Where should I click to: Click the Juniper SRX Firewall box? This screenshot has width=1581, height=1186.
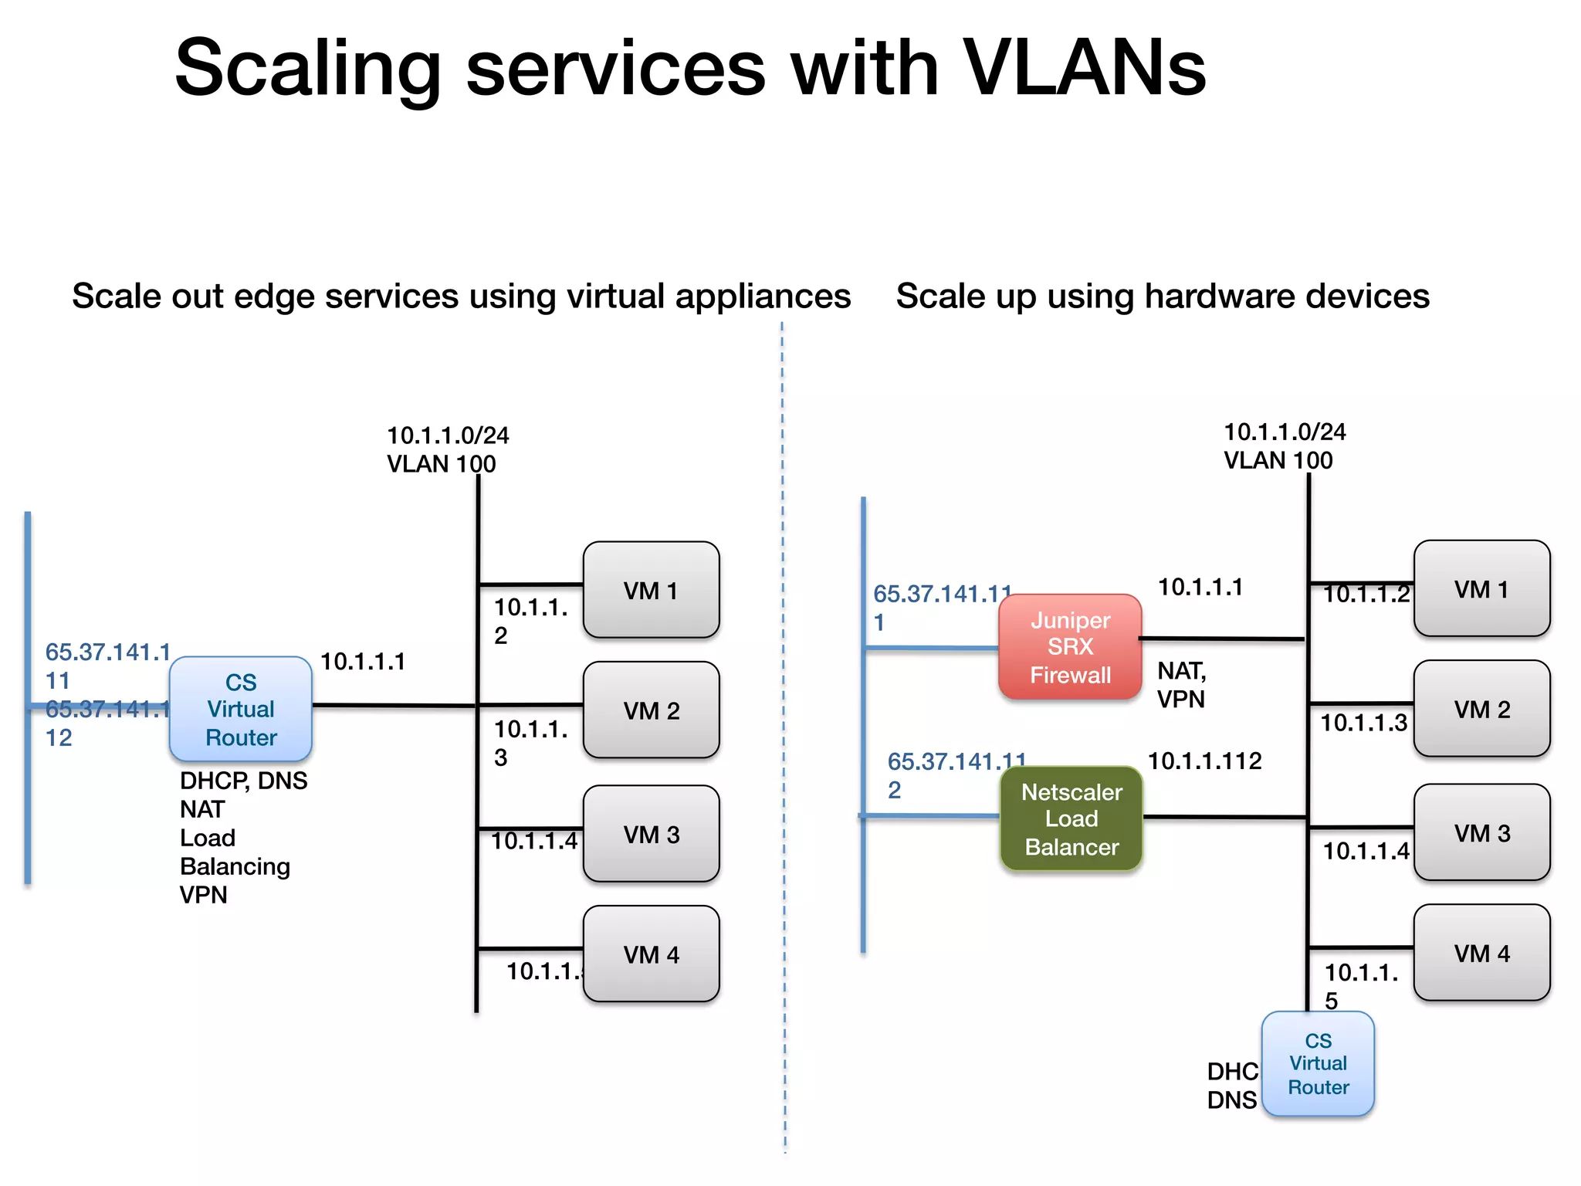pos(1070,647)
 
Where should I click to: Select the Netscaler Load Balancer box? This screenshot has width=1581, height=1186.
pos(1071,818)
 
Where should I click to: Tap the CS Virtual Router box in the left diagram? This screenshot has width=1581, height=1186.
pos(241,709)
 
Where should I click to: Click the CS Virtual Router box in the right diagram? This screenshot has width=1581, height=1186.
pos(1318,1064)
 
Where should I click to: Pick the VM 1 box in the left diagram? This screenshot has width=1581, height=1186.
pos(651,590)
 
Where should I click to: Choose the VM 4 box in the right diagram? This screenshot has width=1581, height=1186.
pos(1481,953)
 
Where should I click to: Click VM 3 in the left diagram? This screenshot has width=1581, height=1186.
pos(651,834)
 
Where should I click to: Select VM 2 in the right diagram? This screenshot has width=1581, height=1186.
pos(1481,709)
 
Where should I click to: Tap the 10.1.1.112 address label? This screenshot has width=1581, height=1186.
pos(1204,761)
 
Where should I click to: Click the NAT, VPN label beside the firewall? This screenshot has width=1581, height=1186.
pos(1181,685)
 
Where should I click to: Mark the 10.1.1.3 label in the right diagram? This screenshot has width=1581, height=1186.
pos(1363,723)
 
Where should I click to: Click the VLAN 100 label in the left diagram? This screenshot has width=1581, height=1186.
pos(441,464)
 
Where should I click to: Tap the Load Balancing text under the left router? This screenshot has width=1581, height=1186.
pos(235,852)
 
